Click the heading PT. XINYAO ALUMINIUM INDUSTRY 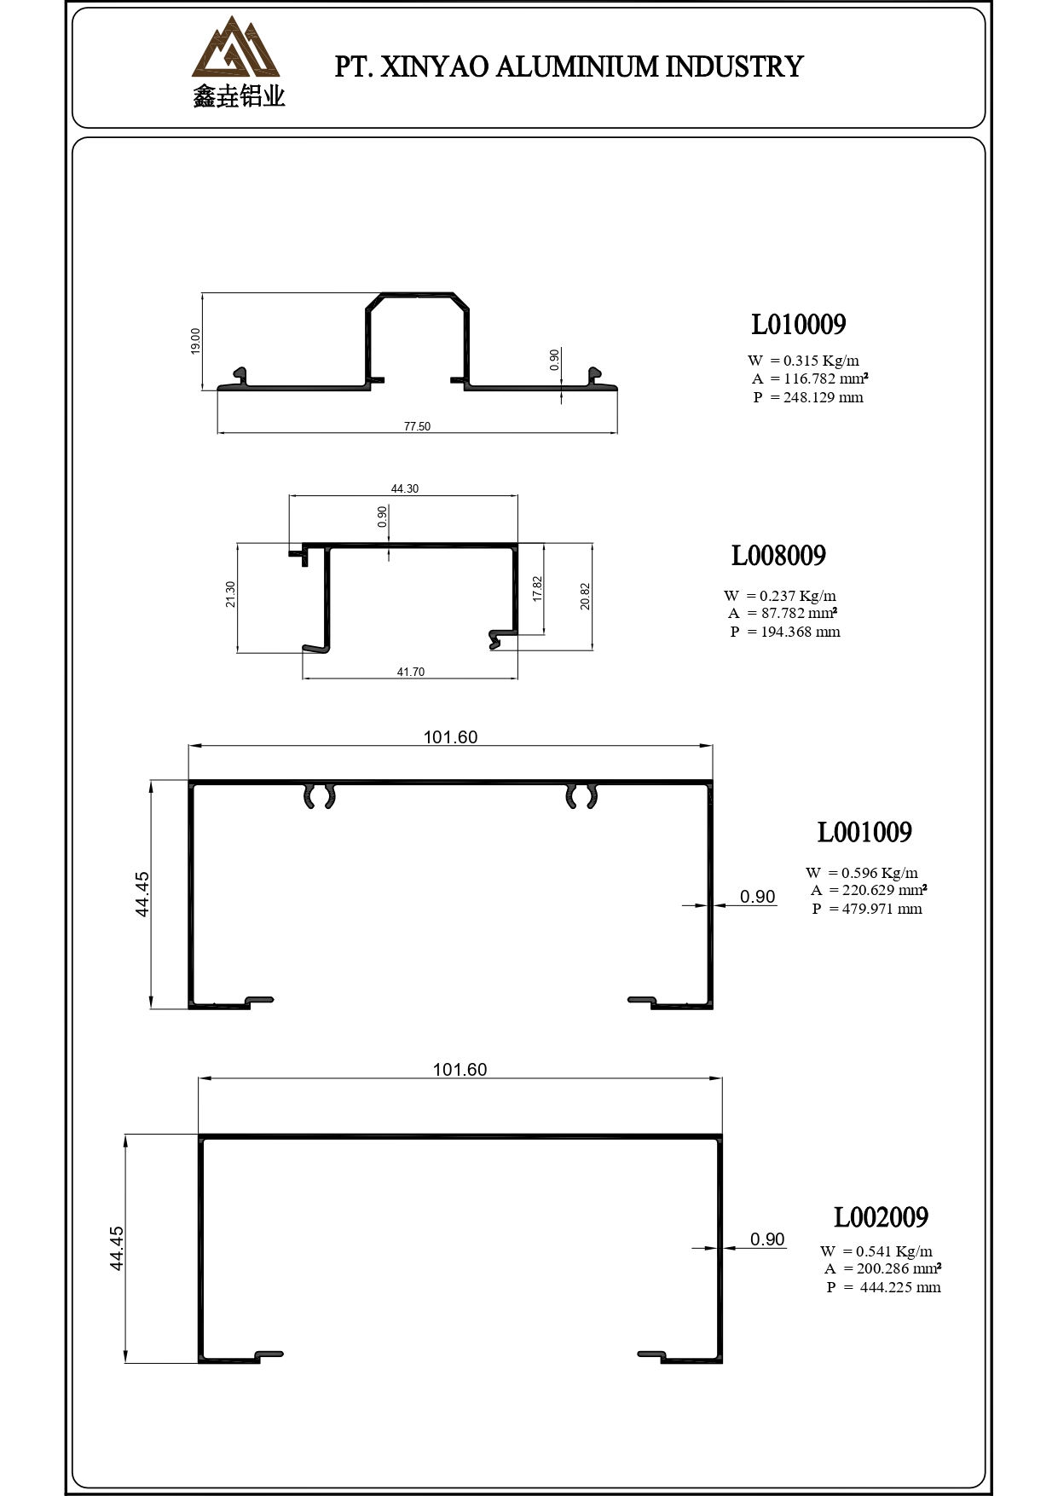click(569, 66)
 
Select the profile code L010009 click(798, 325)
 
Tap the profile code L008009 click(778, 556)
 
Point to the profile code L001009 click(864, 832)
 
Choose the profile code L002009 click(881, 1217)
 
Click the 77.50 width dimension click(417, 426)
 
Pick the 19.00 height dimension click(195, 341)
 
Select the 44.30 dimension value click(405, 488)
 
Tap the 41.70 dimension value click(410, 672)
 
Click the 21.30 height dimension click(230, 594)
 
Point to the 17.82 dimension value click(536, 588)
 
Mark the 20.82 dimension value click(585, 596)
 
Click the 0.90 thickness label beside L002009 click(767, 1239)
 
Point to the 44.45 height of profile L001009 click(142, 893)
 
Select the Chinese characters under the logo click(239, 97)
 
